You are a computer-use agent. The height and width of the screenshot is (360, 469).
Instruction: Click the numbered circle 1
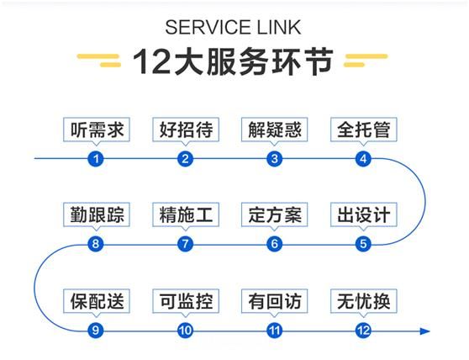point(96,159)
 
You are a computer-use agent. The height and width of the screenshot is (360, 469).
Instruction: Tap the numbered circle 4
point(363,159)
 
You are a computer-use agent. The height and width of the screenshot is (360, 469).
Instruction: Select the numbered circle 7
point(185,244)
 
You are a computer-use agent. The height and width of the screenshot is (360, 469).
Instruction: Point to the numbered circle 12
point(363,331)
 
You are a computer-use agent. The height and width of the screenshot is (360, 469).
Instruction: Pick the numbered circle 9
point(96,331)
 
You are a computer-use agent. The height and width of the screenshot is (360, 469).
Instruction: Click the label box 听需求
point(97,130)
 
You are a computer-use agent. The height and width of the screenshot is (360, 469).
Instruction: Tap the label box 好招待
point(186,130)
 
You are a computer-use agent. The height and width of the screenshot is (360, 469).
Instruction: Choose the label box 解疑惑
point(275,130)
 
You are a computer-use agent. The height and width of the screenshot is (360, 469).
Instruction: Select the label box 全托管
point(364,130)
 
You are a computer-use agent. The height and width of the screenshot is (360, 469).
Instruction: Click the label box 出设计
point(364,214)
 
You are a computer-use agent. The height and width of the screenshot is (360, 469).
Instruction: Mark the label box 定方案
point(275,214)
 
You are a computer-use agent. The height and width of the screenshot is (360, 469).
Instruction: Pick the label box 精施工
point(186,214)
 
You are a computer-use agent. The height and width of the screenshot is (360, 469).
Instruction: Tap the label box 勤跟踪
point(97,214)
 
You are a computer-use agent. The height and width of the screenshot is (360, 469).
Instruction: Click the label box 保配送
point(97,301)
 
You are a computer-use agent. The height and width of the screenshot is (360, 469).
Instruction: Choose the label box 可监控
point(186,301)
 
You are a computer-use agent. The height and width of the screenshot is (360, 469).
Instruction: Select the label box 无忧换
point(364,301)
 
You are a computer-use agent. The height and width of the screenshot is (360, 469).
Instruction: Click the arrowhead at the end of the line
point(425,331)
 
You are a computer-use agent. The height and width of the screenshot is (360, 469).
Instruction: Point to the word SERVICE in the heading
point(208,27)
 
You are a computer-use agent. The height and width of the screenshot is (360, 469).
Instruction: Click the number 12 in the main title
point(151,61)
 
